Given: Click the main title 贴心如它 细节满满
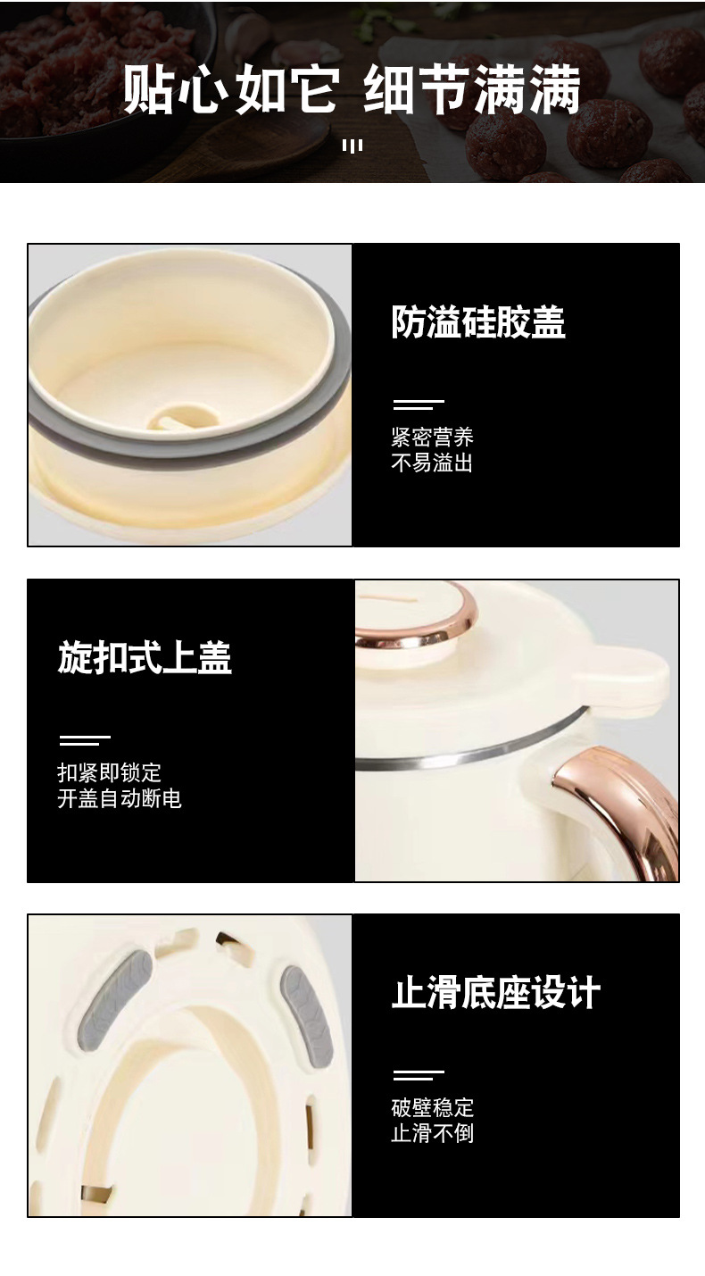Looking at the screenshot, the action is (352, 89).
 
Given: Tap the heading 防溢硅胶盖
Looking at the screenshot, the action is (478, 321).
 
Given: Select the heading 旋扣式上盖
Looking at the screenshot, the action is (145, 657).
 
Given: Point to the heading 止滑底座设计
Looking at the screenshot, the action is (496, 993).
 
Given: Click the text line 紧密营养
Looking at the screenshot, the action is (432, 437).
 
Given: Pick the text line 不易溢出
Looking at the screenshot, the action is (432, 463).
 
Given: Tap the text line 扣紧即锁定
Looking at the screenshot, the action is (110, 772).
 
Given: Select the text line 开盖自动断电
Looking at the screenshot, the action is (120, 798).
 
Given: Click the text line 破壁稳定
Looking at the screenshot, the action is (432, 1108).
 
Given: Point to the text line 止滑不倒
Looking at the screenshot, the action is (432, 1134).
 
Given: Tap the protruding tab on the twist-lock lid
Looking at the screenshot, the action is (621, 678).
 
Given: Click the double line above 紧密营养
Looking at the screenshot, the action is (419, 405).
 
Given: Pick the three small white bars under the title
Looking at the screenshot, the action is (352, 146).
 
